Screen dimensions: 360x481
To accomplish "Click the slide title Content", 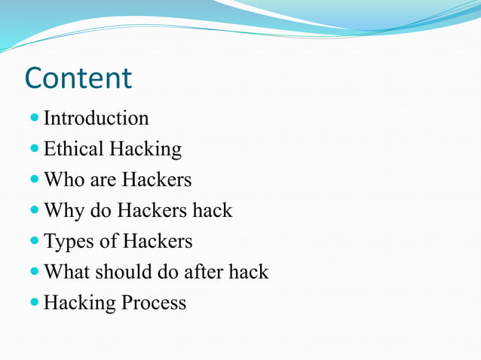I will tap(78, 78).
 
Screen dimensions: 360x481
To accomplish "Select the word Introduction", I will tap(96, 118).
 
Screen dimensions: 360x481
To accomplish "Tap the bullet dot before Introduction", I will tap(35, 118).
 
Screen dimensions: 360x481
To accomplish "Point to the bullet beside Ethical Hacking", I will tap(35, 149).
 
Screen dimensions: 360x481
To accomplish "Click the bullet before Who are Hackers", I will tap(35, 180).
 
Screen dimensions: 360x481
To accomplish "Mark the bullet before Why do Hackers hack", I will tap(35, 211).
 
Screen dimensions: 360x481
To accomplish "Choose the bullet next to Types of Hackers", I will tap(35, 242).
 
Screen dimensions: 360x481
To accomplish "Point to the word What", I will tap(67, 272).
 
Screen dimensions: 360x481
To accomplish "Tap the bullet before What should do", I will tap(35, 272).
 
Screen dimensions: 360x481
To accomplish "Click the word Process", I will tap(155, 303).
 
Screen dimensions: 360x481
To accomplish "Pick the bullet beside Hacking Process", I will tap(35, 303).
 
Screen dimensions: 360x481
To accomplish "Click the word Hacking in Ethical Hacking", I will tap(146, 149).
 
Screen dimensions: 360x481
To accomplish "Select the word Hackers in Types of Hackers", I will tap(158, 242).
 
